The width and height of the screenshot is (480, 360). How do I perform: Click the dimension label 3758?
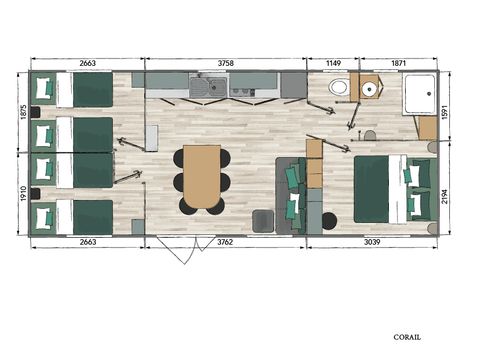tap(226, 62)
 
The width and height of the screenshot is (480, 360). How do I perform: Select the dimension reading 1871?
tap(398, 62)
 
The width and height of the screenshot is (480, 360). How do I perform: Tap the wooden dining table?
tap(202, 177)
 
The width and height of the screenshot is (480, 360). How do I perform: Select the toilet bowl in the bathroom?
tap(340, 89)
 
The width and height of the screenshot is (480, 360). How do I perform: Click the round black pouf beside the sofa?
tap(329, 219)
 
